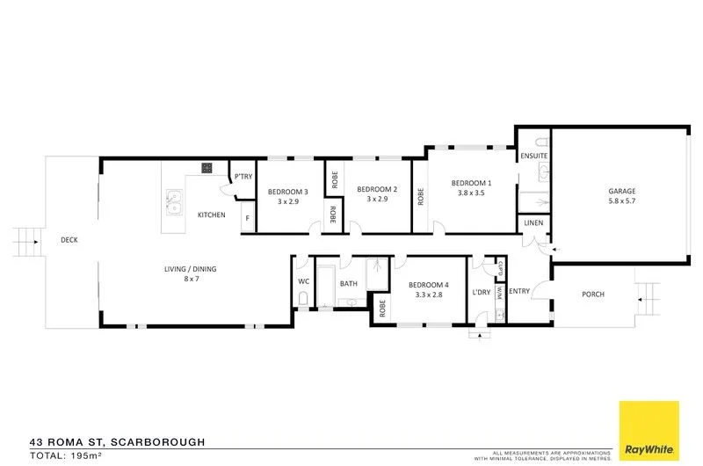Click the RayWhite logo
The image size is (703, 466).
(649, 431)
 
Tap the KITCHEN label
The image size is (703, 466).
(211, 215)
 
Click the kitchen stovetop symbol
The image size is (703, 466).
(207, 168)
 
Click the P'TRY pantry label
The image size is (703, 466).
(243, 177)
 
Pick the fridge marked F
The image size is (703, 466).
(248, 217)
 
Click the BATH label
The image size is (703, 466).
(348, 283)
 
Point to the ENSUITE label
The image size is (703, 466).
(533, 156)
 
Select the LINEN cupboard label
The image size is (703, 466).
(533, 223)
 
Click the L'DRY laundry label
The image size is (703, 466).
(481, 291)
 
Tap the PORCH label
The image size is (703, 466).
(593, 294)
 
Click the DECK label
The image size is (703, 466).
(69, 239)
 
